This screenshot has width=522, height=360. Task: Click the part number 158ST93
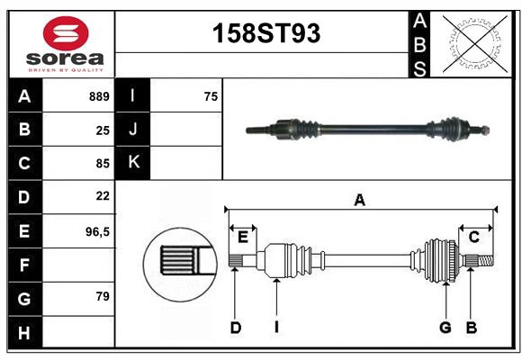tap(265, 33)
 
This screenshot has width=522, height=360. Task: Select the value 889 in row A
tap(99, 96)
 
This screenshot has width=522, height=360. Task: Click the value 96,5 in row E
tap(97, 231)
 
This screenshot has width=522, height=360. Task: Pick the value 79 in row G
tap(102, 295)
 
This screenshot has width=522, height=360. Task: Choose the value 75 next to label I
tap(211, 96)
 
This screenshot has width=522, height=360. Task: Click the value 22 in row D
tap(102, 195)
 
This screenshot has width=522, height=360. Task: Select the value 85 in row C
tap(102, 164)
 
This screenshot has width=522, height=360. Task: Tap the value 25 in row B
tap(102, 130)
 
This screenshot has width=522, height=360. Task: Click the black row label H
tap(24, 333)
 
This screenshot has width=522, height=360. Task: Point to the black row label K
tap(133, 163)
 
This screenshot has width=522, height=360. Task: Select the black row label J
tap(133, 130)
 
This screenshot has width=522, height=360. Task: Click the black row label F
tap(24, 265)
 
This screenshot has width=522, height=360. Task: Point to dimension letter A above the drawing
tap(360, 201)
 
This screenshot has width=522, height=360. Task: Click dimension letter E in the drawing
tap(243, 237)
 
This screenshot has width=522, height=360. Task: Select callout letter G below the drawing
tap(445, 328)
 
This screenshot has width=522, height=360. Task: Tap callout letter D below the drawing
tap(235, 328)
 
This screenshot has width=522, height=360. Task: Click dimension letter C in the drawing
tap(473, 237)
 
